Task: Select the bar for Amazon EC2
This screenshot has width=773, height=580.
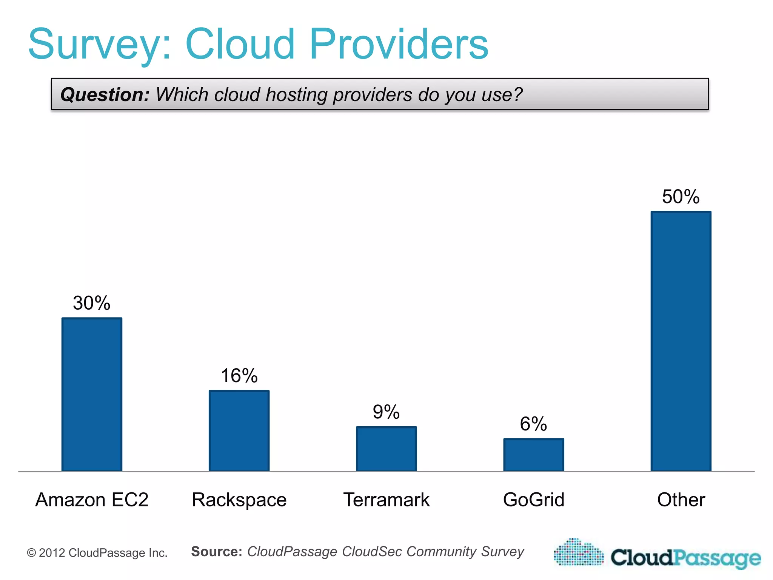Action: point(92,394)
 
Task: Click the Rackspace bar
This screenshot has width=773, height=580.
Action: point(239,430)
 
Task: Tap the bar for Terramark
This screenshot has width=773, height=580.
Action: point(386,449)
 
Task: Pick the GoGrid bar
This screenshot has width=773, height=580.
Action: point(533,455)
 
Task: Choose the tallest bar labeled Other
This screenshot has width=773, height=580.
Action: point(681,341)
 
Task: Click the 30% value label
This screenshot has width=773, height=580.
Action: point(92,303)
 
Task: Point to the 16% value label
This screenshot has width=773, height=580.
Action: point(239,376)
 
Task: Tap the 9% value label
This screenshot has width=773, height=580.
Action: point(386,412)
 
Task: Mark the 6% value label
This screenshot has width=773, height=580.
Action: point(533,424)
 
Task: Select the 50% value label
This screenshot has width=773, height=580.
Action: point(681,197)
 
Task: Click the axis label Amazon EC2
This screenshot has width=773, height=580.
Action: point(92,500)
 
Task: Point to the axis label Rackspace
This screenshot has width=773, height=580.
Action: point(239,500)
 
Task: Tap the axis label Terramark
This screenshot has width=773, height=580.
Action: point(386,500)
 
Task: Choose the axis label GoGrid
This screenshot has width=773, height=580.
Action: point(533,500)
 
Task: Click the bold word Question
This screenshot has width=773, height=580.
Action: point(105,94)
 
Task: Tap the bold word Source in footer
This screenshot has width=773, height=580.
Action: point(216,551)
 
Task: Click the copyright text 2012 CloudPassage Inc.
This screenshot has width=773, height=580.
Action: point(97,553)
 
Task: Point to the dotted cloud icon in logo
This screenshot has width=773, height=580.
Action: point(579,553)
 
